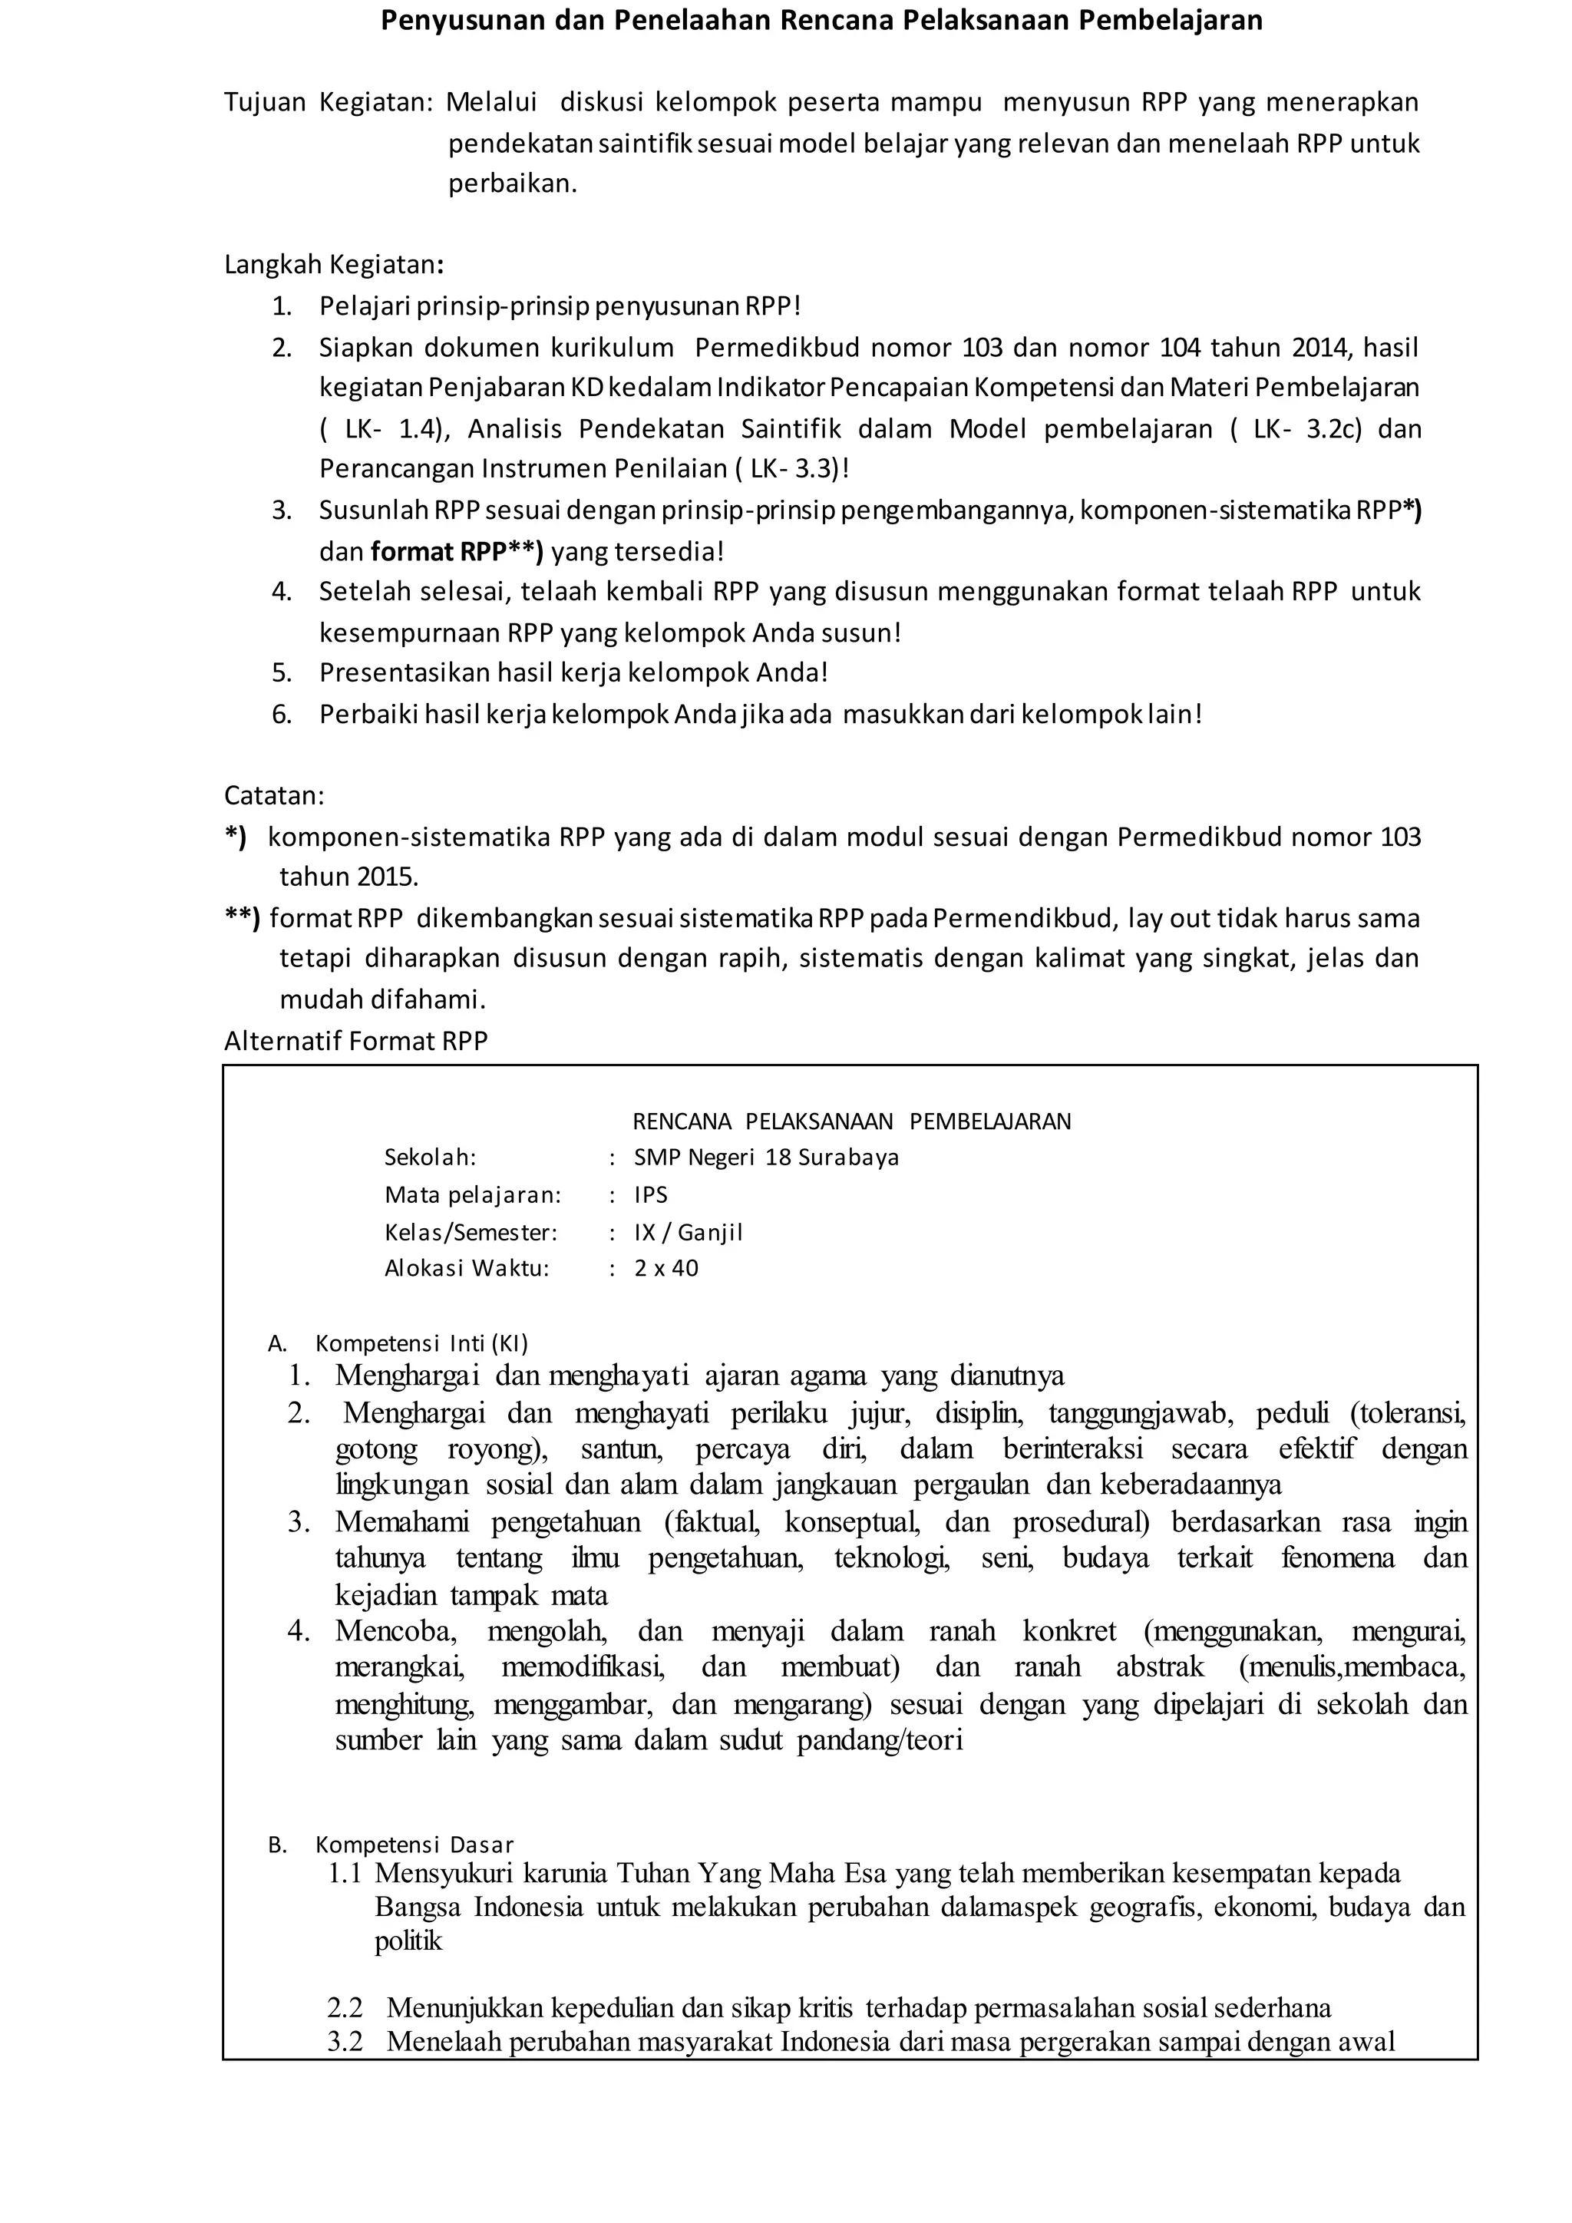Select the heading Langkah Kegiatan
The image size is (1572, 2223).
coord(333,264)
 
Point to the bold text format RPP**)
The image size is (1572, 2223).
coord(457,552)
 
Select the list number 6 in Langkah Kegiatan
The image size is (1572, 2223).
coord(281,715)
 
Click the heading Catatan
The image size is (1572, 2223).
coord(274,796)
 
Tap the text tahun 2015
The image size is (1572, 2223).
coord(348,877)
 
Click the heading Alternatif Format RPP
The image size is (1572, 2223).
coord(356,1041)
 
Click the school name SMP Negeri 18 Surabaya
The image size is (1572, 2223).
coord(766,1157)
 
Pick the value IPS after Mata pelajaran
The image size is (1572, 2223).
coord(650,1194)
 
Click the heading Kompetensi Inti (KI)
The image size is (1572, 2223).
coord(421,1343)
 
